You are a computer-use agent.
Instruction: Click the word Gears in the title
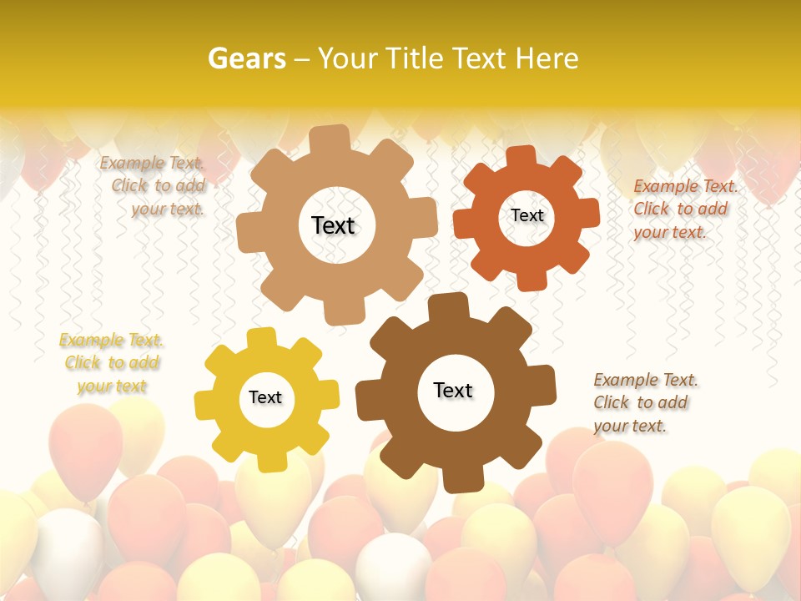[x=246, y=58]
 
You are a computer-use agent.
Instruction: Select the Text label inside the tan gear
[x=333, y=225]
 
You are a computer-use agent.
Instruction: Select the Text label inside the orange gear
[x=527, y=215]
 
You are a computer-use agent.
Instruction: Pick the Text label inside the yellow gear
[x=265, y=397]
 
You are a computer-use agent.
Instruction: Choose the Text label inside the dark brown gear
[x=453, y=390]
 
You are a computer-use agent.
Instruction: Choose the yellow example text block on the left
[x=112, y=363]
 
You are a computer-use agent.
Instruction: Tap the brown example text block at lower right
[x=643, y=402]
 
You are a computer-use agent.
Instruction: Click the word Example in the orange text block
[x=665, y=186]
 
